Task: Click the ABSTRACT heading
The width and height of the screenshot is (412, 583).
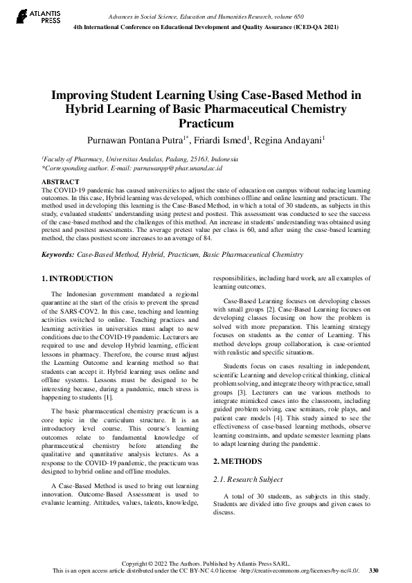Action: [60, 181]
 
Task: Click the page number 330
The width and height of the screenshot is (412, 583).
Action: [374, 570]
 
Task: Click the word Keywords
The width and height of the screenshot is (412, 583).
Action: [57, 255]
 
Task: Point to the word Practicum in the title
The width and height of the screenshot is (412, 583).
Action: [206, 124]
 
